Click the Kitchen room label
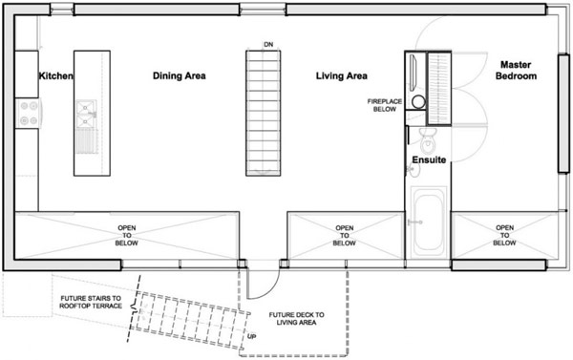(55, 75)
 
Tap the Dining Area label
(180, 75)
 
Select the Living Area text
(342, 75)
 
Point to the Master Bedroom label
(516, 70)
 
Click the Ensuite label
(429, 159)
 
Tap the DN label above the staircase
(268, 45)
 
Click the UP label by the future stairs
(251, 336)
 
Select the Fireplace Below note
(385, 105)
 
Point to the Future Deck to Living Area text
(296, 318)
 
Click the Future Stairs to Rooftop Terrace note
(91, 302)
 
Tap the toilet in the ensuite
(428, 141)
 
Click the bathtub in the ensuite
(428, 222)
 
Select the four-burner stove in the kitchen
(29, 113)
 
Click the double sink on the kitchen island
(86, 114)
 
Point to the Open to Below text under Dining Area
(126, 235)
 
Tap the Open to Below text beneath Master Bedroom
(504, 235)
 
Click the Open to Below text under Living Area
(344, 235)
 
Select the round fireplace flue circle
(419, 102)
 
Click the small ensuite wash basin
(413, 170)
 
